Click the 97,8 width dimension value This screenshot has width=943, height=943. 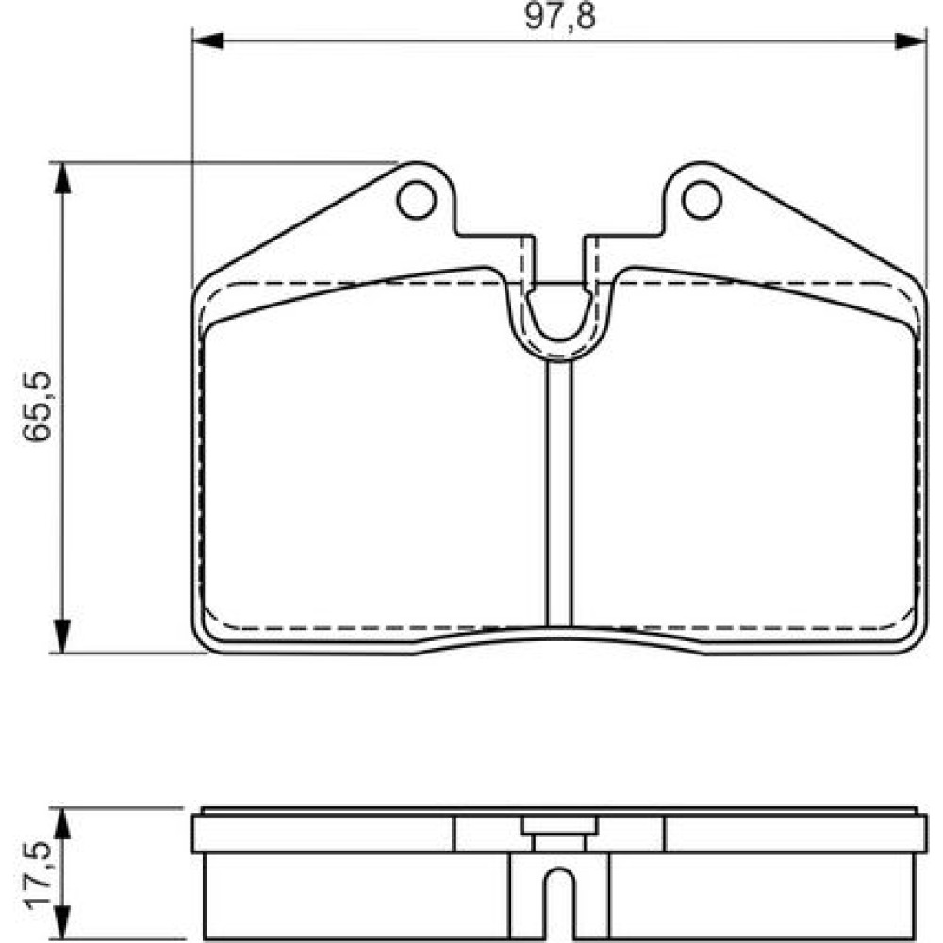pyautogui.click(x=559, y=16)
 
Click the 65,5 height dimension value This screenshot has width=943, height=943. pyautogui.click(x=37, y=407)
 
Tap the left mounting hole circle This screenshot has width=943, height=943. pyautogui.click(x=416, y=200)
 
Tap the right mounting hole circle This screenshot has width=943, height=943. pyautogui.click(x=702, y=200)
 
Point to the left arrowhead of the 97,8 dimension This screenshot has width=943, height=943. pyautogui.click(x=207, y=41)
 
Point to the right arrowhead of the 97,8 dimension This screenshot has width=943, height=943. pyautogui.click(x=911, y=41)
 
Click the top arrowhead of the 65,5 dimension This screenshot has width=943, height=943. pyautogui.click(x=62, y=178)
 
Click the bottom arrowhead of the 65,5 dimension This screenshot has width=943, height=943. pyautogui.click(x=62, y=637)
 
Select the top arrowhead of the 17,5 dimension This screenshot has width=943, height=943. pyautogui.click(x=62, y=824)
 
